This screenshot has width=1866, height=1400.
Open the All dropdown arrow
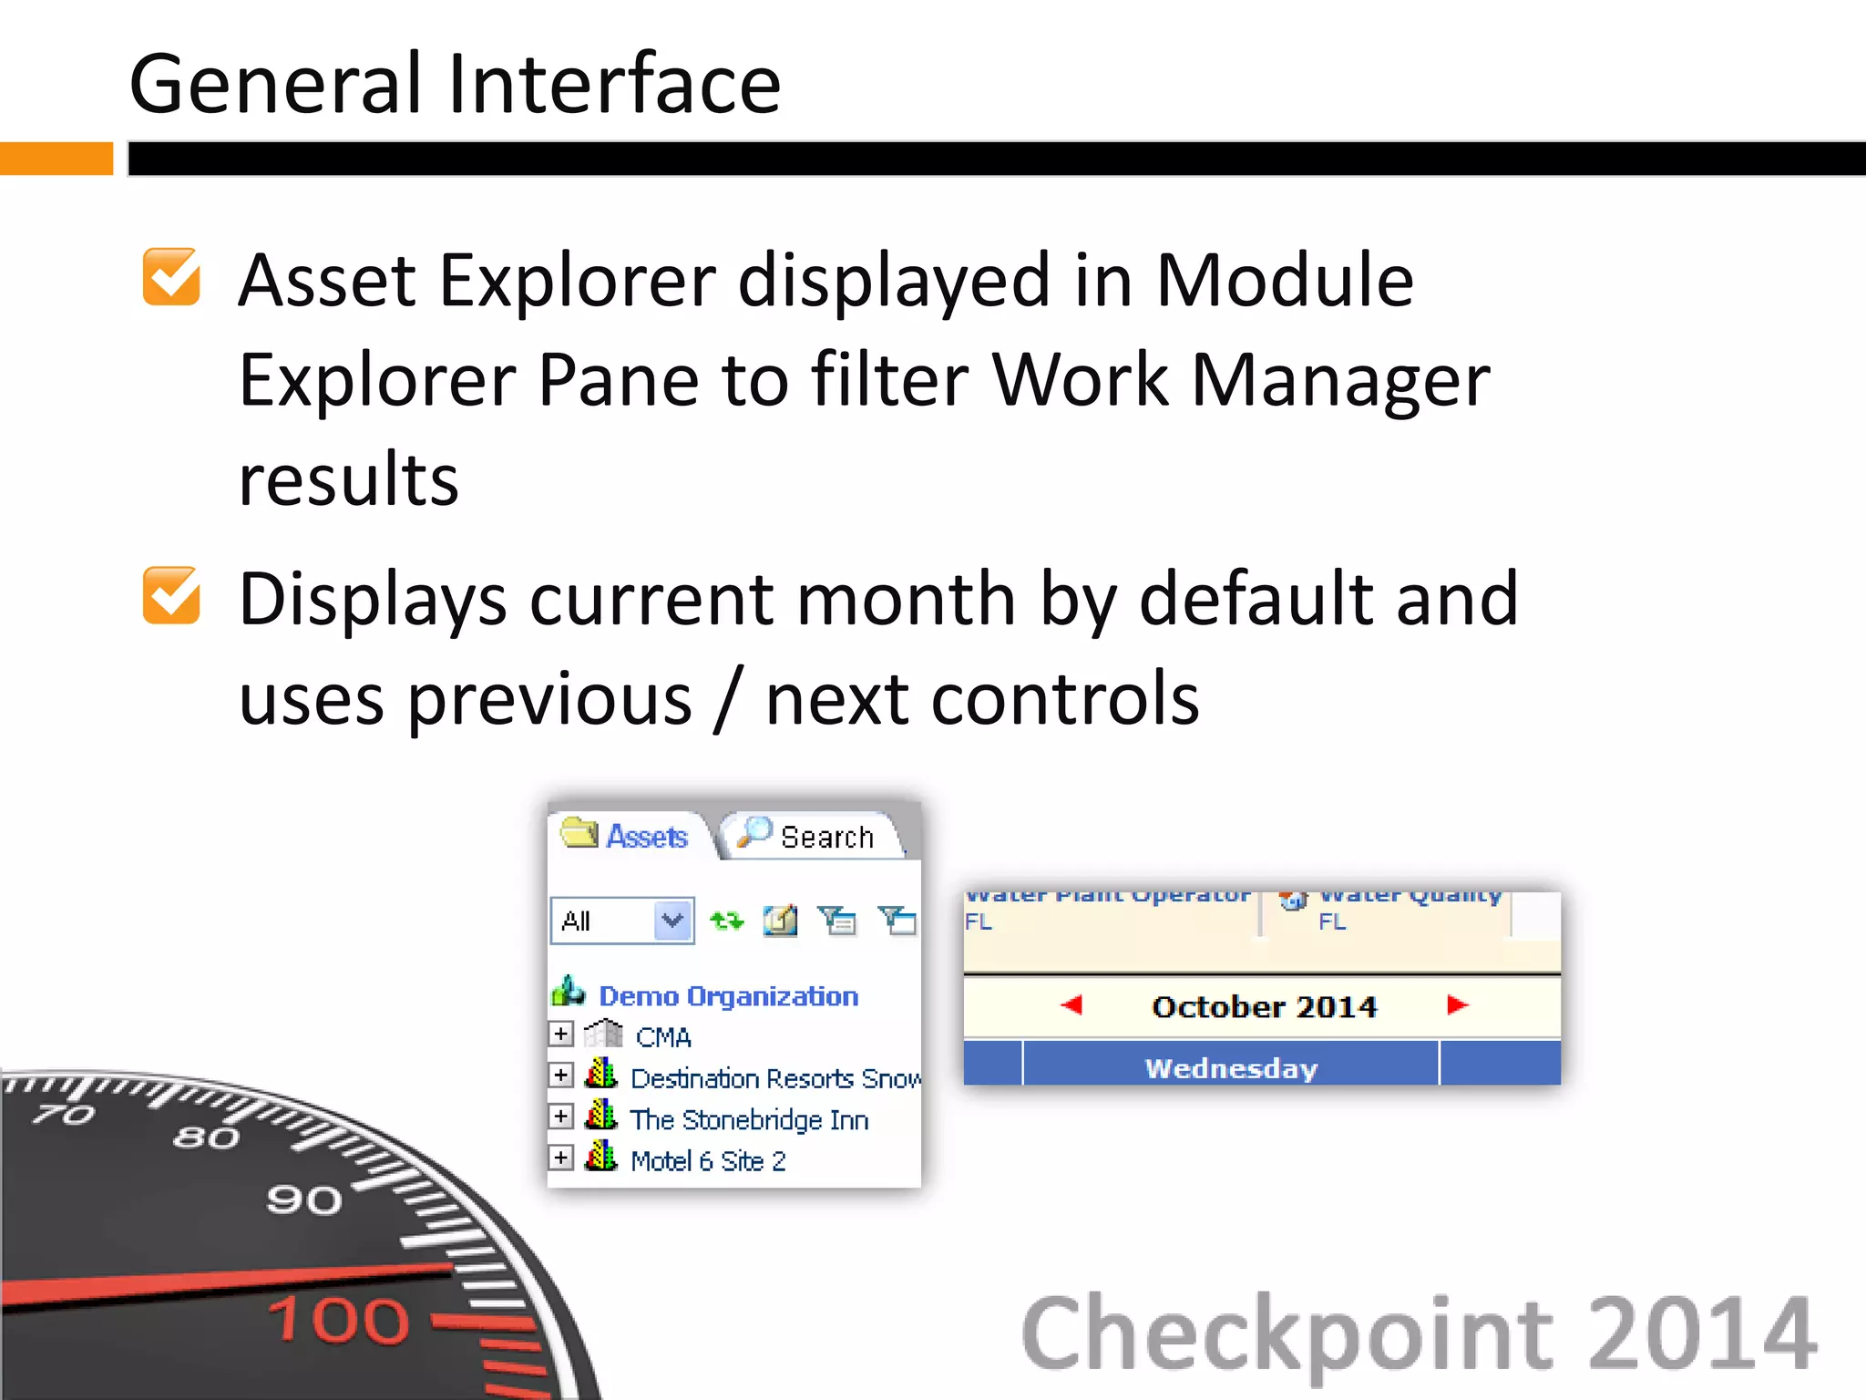[672, 921]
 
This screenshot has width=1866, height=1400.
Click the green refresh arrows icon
[726, 921]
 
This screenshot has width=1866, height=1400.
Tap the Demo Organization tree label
[728, 996]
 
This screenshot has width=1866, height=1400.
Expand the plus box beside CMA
[561, 1035]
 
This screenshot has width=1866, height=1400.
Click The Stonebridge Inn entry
[748, 1119]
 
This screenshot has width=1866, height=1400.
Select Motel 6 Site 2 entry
[707, 1160]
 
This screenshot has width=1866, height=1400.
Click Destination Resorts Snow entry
[774, 1078]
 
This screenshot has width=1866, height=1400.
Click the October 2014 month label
[1264, 1006]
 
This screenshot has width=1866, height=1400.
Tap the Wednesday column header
[1231, 1067]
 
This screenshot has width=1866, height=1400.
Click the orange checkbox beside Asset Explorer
[171, 277]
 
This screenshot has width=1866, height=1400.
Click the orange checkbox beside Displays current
[171, 596]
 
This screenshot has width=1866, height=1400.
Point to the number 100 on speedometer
[339, 1319]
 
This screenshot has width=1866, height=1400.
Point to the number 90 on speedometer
[304, 1199]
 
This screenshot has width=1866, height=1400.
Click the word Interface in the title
[614, 84]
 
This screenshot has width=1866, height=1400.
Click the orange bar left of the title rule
[56, 159]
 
